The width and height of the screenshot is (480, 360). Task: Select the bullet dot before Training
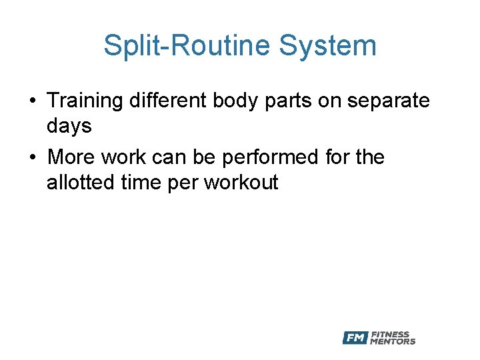pos(33,102)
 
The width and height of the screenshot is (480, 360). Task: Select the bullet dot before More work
pos(33,158)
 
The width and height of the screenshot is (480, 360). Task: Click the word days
pos(69,126)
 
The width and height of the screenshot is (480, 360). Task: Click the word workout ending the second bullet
pos(241,182)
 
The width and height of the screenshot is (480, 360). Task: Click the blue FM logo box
pos(355,338)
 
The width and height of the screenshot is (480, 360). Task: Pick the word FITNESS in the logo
pos(390,335)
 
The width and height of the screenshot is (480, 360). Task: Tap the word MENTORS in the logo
pos(393,341)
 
